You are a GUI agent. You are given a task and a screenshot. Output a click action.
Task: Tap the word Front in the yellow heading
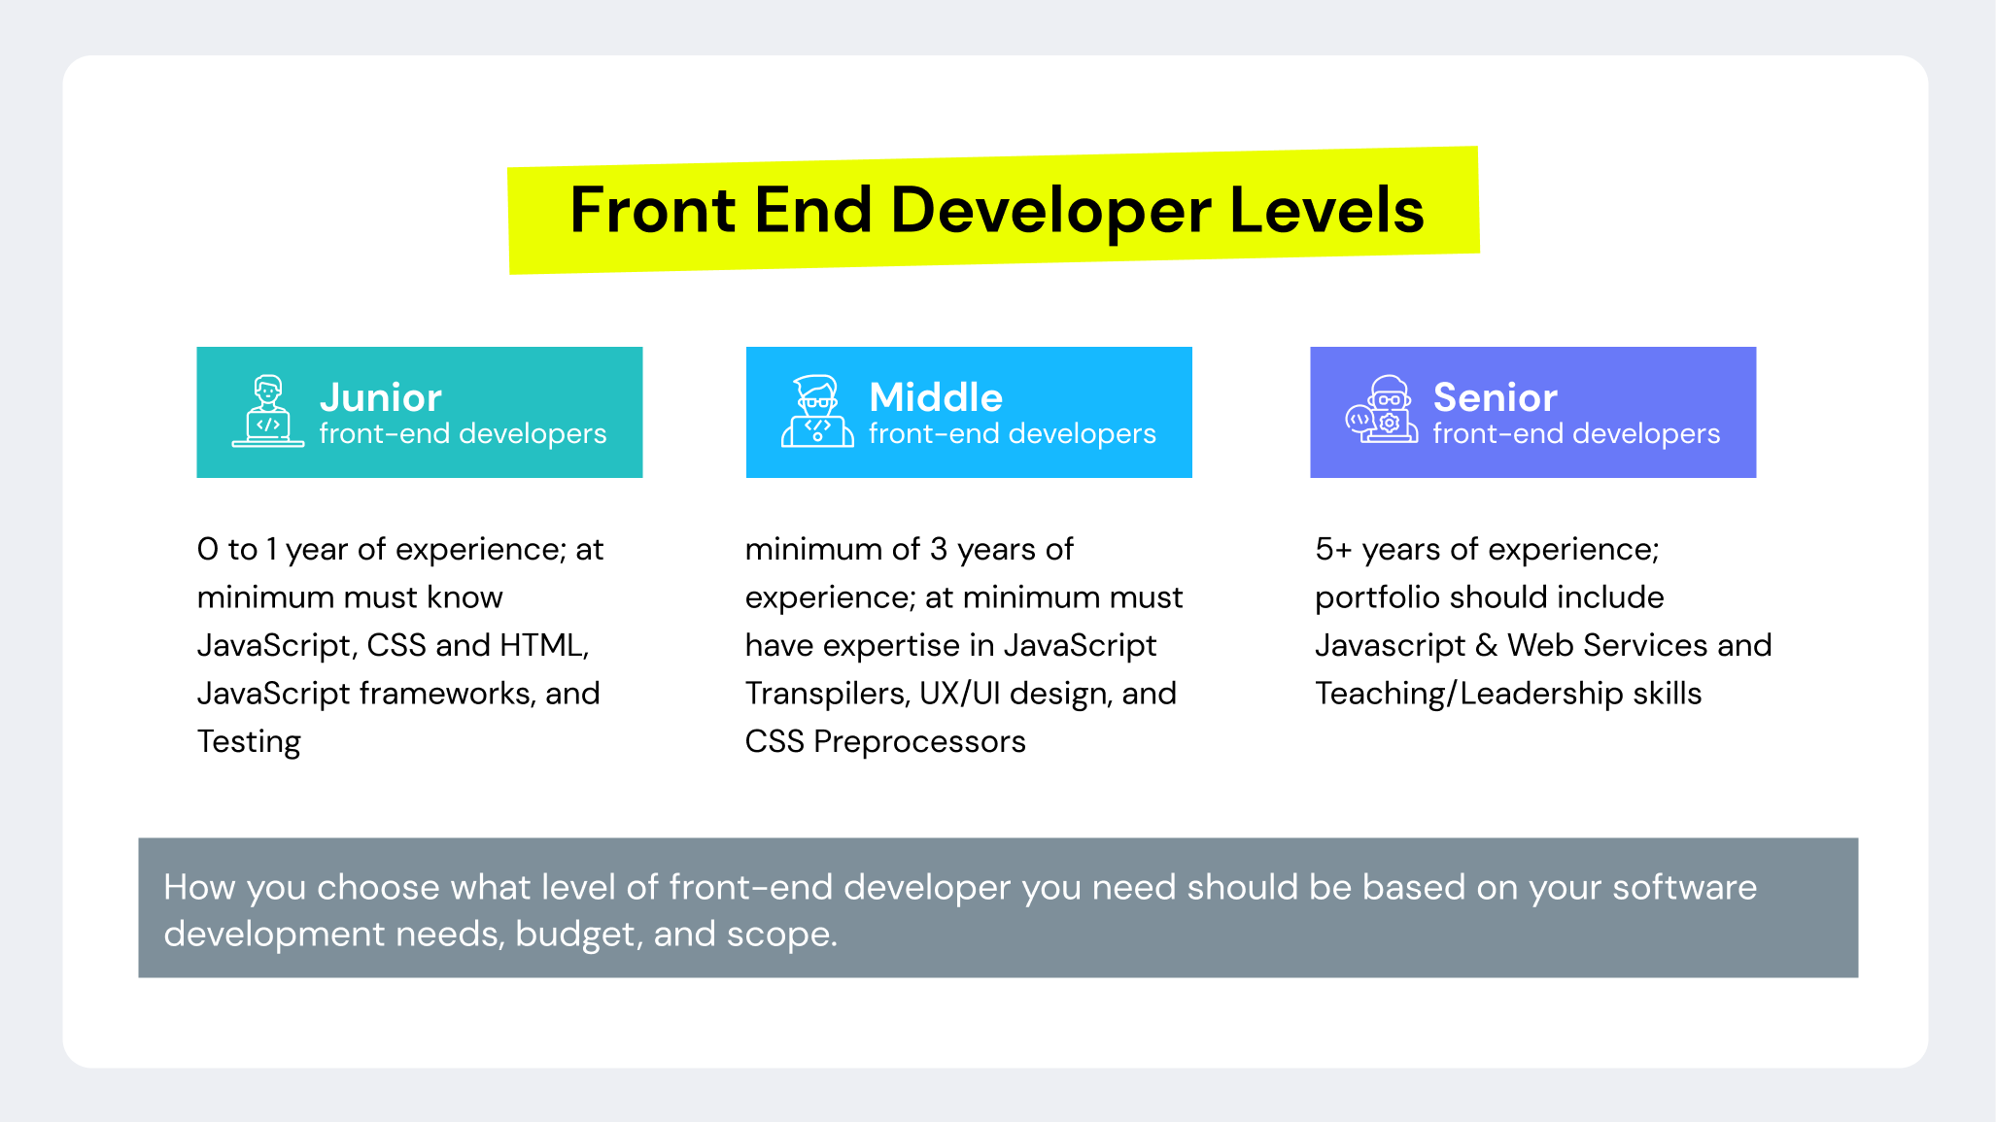652,210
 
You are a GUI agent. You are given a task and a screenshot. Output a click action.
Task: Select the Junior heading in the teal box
380,397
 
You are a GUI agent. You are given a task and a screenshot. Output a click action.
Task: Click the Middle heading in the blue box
935,397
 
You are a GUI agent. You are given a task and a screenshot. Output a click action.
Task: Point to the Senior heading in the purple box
1495,397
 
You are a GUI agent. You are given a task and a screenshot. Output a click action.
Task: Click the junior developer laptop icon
267,412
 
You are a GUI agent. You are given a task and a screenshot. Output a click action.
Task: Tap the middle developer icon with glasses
817,412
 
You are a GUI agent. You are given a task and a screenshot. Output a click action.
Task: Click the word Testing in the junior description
249,742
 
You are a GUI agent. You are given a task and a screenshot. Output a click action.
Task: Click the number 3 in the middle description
938,550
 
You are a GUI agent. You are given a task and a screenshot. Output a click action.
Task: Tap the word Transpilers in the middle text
827,694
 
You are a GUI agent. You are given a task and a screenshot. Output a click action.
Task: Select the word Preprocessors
919,742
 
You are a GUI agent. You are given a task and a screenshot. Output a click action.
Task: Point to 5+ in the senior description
1333,550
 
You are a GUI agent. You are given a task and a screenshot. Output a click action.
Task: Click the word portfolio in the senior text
1377,597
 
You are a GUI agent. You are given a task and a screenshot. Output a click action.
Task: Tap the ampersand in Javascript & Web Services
1486,646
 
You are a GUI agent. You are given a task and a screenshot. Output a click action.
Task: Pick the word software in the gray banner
1684,887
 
